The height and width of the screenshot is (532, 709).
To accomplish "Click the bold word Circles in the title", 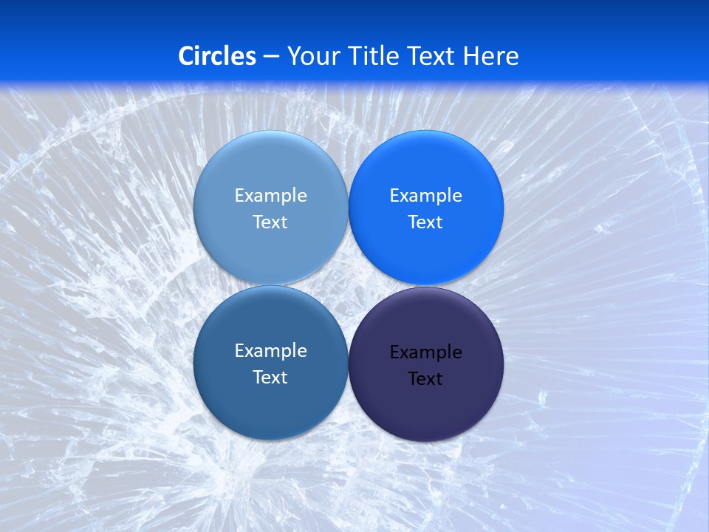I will [x=217, y=56].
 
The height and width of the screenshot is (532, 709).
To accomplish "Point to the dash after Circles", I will [x=271, y=57].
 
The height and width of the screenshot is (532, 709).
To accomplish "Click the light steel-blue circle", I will [x=270, y=170].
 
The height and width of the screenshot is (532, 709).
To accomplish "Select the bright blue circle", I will [x=425, y=170].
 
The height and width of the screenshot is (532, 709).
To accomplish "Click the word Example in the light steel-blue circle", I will [x=270, y=196].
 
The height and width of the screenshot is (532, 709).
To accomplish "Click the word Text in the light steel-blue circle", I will [x=270, y=222].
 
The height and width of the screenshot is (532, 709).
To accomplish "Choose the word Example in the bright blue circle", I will [x=425, y=196].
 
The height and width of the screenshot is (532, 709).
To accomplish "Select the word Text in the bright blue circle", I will [x=425, y=222].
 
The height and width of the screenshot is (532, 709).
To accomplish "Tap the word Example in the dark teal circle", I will [x=270, y=351].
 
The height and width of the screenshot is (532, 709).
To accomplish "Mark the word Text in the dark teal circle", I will [x=270, y=378].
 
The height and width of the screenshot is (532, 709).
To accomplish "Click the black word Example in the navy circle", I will [x=425, y=352].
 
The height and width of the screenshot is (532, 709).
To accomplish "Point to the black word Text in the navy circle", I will [x=425, y=379].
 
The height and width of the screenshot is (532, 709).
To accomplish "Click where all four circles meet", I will [x=348, y=286].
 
